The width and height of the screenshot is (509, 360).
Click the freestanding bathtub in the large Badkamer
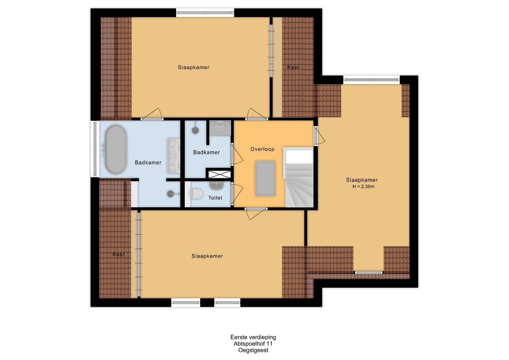coord(116,149)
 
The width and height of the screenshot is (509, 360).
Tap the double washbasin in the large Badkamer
coord(173,156)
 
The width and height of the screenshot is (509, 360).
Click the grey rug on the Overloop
coord(265,178)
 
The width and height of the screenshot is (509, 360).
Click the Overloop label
coord(262,149)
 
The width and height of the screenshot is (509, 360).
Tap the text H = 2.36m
coord(363,187)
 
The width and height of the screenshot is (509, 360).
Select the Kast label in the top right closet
coord(293,67)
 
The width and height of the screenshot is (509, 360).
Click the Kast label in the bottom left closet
coord(118,254)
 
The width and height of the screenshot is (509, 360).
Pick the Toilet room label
coord(215,198)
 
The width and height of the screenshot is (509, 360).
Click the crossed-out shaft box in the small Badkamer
coord(219,174)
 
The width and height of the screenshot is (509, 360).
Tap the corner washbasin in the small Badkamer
coord(220,127)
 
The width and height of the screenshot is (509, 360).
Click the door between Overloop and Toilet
coord(237,193)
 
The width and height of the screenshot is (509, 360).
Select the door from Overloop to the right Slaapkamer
coord(319,136)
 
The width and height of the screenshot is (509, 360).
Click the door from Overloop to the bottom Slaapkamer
coord(256,213)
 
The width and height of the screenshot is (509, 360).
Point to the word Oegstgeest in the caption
coord(253,350)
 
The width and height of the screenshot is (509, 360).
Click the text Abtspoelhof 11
coord(253,344)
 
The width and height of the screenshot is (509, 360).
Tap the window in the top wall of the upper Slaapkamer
coord(205,13)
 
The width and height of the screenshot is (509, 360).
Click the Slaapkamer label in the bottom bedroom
coord(207,256)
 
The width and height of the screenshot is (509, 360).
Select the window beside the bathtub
coord(95,149)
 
